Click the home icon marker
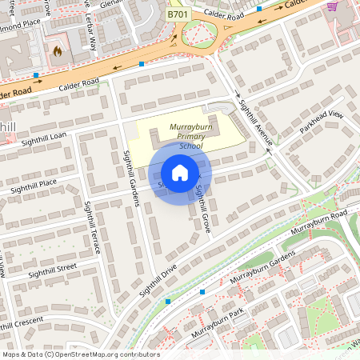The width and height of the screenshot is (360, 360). pyautogui.click(x=180, y=173)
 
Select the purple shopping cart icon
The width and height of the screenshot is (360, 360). pyautogui.click(x=331, y=7)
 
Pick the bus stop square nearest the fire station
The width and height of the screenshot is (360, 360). pyautogui.click(x=36, y=76)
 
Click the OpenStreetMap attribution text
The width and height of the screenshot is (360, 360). pyautogui.click(x=80, y=354)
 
